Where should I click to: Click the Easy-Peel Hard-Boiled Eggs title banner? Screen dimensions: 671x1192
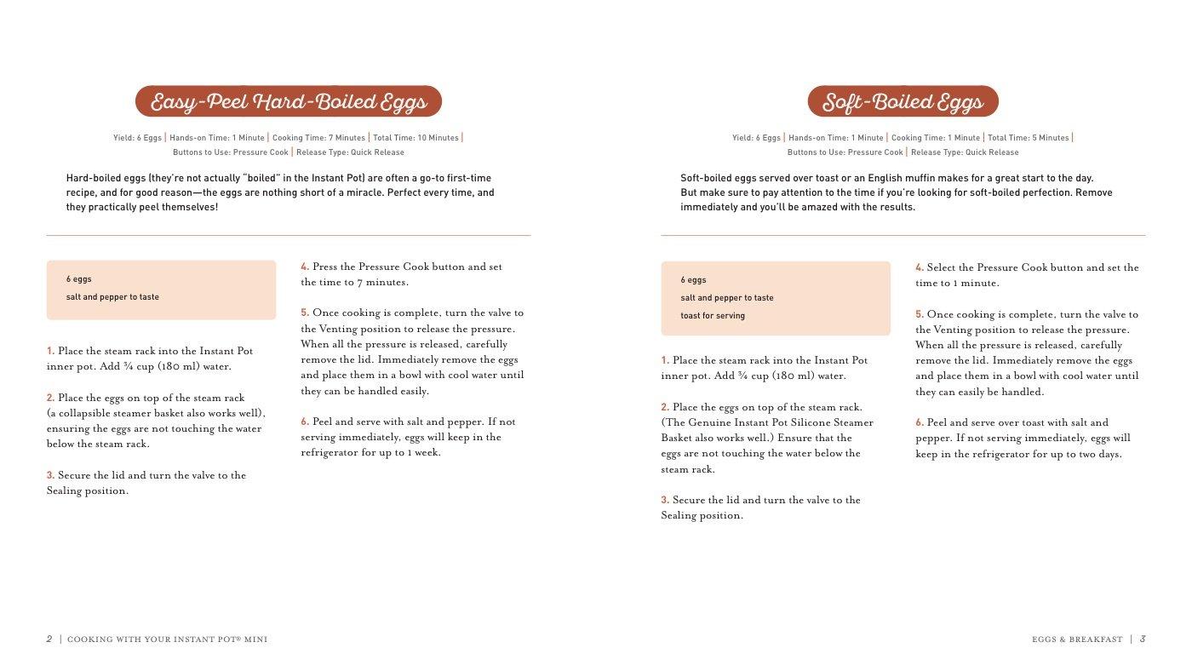coord(289,102)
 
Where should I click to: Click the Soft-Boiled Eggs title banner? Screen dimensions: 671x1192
coord(903,102)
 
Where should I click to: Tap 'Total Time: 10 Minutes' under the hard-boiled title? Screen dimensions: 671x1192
coord(415,138)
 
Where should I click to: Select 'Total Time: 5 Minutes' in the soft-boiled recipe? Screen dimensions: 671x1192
coord(1028,138)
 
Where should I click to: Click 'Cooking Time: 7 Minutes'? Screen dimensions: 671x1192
coord(318,138)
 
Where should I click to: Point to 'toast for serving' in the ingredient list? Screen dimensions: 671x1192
coord(713,316)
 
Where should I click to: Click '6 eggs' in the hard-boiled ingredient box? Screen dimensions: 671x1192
coord(79,279)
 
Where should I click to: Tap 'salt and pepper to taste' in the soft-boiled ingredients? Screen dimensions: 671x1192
coord(727,298)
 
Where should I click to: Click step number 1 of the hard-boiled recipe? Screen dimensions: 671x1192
coord(50,351)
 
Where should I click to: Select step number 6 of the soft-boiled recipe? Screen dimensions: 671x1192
coord(920,422)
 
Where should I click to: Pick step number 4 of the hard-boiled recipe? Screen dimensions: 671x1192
coord(305,267)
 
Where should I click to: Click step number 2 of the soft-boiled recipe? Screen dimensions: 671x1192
coord(665,407)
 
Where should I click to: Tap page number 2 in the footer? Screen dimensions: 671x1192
coord(49,639)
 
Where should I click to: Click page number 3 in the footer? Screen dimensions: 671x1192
coord(1143,639)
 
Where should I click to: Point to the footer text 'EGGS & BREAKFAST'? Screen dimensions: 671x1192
coord(1077,639)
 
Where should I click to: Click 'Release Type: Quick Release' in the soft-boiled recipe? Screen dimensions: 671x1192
coord(965,152)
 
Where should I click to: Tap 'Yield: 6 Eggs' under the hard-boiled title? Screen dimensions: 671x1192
coord(137,138)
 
